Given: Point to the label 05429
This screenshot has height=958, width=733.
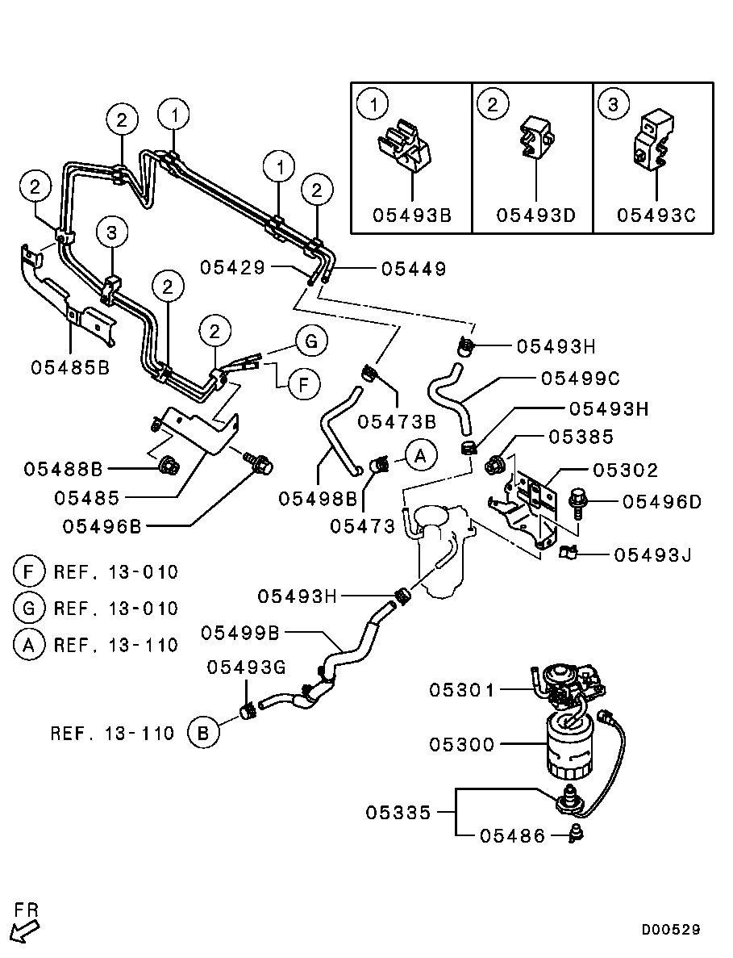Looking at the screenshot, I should [232, 268].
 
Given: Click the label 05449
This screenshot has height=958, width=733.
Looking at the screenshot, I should [413, 269].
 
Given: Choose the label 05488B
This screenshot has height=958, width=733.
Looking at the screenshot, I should [63, 468].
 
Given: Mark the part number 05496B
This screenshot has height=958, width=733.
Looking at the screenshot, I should [102, 526].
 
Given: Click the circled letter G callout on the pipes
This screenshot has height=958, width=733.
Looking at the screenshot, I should [311, 341].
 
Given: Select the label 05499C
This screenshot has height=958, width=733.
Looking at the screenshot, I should [581, 378].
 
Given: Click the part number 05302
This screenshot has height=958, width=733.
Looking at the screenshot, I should [626, 470].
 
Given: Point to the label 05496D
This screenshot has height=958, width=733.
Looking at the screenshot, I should [661, 502].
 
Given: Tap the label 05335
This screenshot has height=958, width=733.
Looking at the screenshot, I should [398, 812].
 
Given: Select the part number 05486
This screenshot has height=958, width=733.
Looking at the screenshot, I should [512, 836].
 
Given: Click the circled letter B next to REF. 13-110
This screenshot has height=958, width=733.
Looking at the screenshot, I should [203, 733].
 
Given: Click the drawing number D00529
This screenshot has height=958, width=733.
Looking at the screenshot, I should [671, 930].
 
